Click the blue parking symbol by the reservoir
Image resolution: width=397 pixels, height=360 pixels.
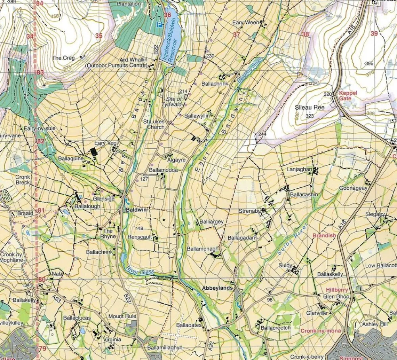[x=160, y=25]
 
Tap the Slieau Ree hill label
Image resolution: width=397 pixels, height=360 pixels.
[x=310, y=107]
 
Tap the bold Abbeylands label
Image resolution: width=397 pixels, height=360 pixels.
[x=217, y=288]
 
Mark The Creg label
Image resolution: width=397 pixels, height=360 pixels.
[x=63, y=58]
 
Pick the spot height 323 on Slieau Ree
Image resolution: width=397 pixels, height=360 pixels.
[x=310, y=116]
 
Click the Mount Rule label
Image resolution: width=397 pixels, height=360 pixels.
[x=122, y=316]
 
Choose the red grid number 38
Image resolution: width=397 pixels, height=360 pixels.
[x=305, y=34]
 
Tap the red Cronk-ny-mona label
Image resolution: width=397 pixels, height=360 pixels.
[x=320, y=331]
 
